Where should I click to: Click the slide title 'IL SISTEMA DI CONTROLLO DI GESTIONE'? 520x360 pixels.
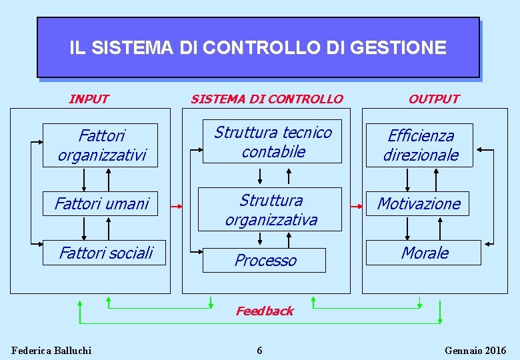pos(257,48)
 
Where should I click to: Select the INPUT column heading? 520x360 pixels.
pos(89,99)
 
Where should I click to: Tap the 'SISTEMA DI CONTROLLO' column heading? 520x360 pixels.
pos(267,99)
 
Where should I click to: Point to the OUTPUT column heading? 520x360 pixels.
pos(433,99)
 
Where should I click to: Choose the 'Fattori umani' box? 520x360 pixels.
pos(101,203)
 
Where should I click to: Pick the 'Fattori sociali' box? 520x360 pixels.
pos(105,253)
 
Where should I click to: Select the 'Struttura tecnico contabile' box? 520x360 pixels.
pos(273,142)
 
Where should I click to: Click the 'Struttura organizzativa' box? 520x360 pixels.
pos(271,209)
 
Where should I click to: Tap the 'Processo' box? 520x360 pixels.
pos(265,260)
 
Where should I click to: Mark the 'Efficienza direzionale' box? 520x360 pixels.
pos(420,145)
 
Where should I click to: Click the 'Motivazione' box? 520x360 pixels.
pos(418,203)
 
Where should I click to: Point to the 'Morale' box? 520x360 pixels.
pos(424,253)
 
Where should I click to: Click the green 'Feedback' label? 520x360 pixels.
pos(265,311)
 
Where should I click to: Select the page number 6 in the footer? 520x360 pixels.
pos(260,351)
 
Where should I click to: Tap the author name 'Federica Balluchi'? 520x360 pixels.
pos(51,351)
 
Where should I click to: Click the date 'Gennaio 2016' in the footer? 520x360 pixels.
pos(475,351)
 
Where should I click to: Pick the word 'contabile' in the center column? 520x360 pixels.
pos(273,152)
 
